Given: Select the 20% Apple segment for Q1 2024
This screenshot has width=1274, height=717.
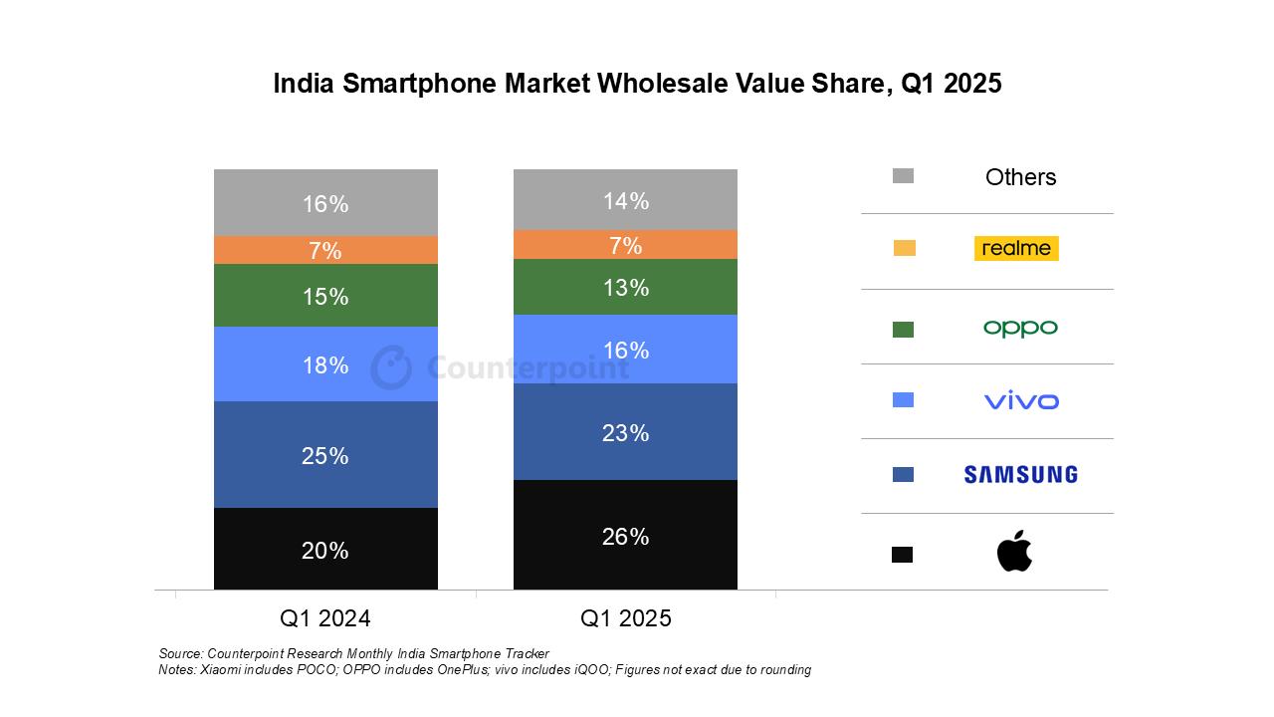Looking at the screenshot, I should pos(325,549).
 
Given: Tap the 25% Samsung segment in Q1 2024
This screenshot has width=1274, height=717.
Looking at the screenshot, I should pos(325,455).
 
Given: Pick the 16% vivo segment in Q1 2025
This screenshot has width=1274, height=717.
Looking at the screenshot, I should pos(625,350).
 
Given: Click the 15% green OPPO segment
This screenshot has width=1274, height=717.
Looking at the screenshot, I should pos(325,296).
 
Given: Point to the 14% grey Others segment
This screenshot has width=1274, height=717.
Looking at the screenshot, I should pos(625,200).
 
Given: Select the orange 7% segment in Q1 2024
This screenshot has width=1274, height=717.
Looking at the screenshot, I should pos(325,250).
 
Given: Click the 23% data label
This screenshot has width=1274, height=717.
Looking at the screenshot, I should pos(625,433).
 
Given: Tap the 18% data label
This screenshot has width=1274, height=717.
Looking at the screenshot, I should pos(325,365).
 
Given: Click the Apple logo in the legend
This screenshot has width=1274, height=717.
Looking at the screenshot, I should pos(1014,552).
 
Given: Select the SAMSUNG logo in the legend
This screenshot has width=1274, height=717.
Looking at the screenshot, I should pos(1020,475).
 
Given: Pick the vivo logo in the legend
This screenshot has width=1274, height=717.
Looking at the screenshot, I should pos(1020,401).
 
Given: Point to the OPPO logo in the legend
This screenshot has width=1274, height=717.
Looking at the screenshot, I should pos(1020,328).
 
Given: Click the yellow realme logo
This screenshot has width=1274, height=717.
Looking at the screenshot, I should pos(1015,249).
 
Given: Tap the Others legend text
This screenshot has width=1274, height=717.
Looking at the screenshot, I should pos(1020,177).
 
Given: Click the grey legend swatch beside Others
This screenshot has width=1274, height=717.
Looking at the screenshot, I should pos(903,176).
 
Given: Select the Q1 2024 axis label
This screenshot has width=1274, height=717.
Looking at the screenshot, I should pos(325,618).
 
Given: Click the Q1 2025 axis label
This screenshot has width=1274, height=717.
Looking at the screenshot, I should pos(625,618).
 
